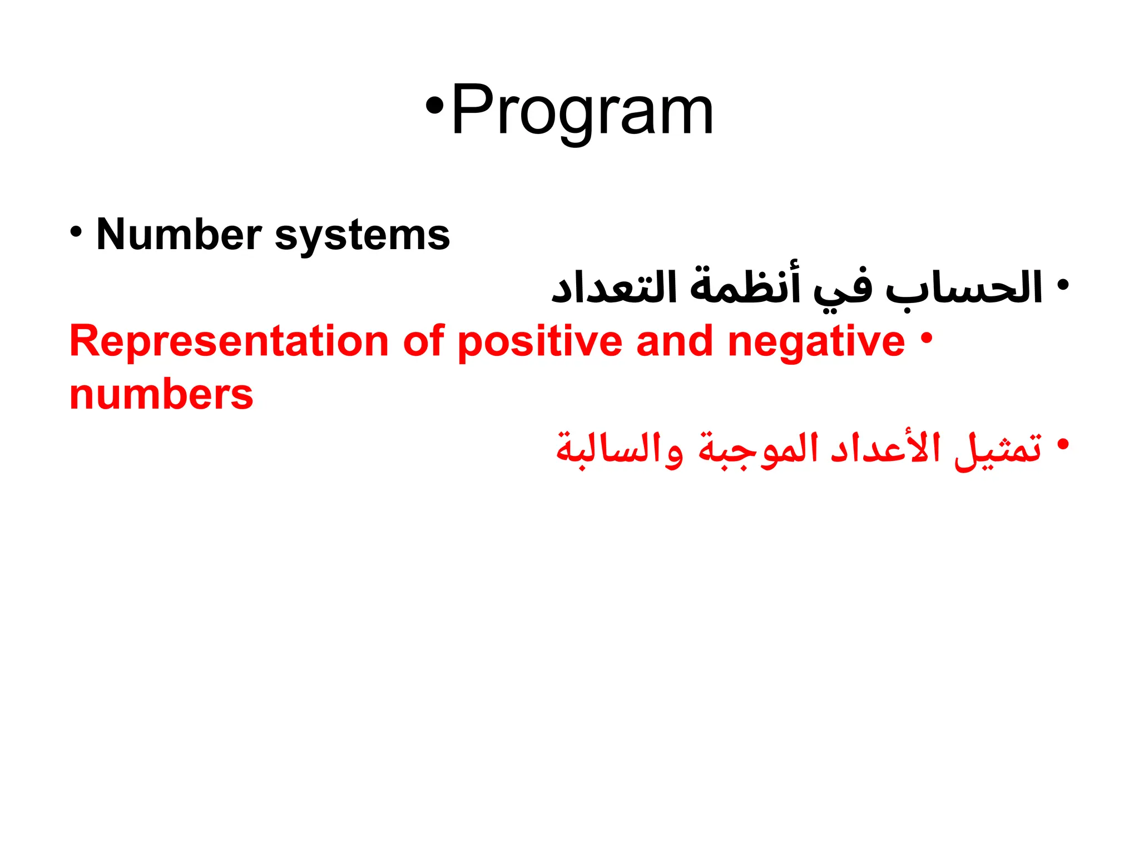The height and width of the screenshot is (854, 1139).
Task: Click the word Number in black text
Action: click(x=179, y=234)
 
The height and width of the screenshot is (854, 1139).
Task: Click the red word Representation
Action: click(x=229, y=341)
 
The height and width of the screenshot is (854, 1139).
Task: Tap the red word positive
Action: click(x=539, y=341)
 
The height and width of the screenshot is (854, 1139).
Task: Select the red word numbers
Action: click(x=161, y=395)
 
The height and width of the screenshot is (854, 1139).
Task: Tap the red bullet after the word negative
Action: click(x=925, y=337)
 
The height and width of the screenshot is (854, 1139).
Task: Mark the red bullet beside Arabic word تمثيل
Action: click(x=1062, y=445)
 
